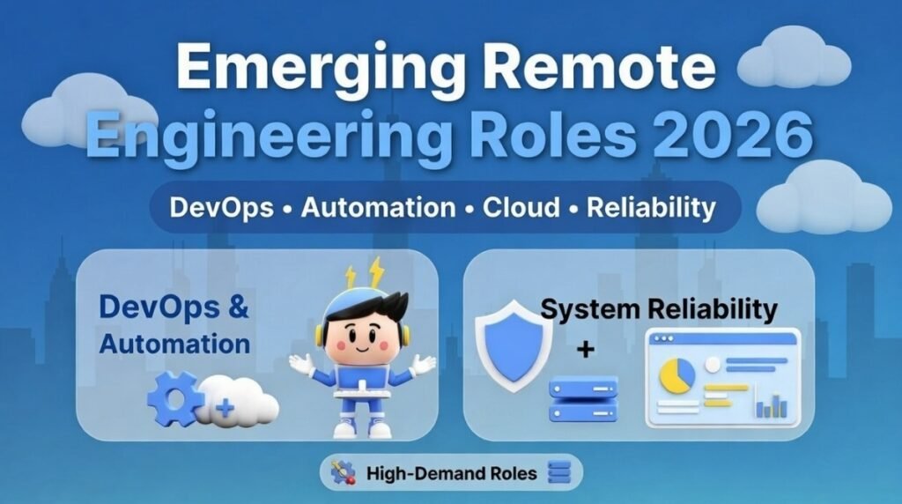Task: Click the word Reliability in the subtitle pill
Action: point(651,208)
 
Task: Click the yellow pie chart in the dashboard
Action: point(677,375)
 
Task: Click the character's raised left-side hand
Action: point(300,362)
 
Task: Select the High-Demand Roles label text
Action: point(451,473)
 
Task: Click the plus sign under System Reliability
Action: point(585,350)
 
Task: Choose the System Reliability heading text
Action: point(659,308)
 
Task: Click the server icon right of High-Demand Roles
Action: point(559,473)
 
